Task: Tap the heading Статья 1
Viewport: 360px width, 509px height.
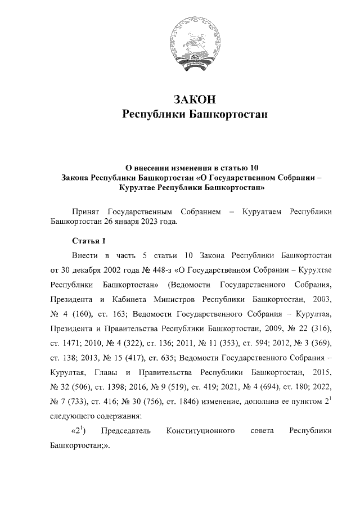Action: (x=89, y=242)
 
